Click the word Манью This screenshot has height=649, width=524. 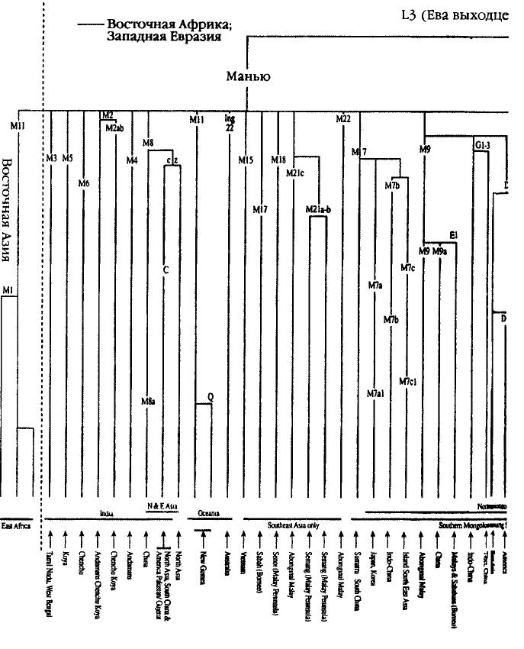click(248, 76)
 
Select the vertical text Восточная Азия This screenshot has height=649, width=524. click(8, 211)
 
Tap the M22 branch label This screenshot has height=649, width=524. click(343, 118)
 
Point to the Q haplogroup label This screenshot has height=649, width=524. click(211, 397)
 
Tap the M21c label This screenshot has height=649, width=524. click(295, 173)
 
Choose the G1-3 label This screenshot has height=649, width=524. click(481, 144)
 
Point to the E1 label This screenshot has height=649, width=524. click(453, 234)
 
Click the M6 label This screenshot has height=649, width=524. click(84, 183)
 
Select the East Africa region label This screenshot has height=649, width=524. click(15, 526)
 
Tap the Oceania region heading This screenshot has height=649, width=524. click(208, 514)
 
